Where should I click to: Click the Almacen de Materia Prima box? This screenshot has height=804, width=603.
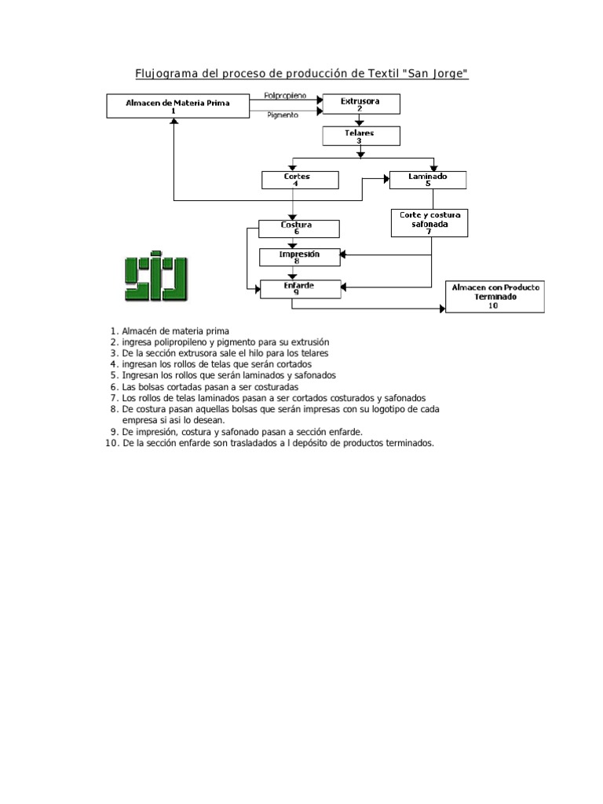pos(173,106)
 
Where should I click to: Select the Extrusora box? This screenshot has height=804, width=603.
pos(360,104)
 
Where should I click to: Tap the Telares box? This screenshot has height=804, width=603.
pos(360,137)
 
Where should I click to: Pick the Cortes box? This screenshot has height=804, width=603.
pos(299,180)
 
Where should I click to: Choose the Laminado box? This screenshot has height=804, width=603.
pos(428,180)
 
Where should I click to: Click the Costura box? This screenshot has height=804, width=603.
pos(299,228)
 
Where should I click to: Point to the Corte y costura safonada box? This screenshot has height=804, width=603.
pos(429,222)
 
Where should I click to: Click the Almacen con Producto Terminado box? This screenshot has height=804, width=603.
pos(494,297)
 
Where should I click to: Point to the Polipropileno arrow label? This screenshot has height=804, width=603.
pos(286,96)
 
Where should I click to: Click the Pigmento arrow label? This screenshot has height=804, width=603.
pos(282,115)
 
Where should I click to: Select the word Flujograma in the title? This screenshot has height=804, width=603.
pos(166,74)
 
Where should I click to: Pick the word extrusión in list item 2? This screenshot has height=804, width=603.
pos(309,343)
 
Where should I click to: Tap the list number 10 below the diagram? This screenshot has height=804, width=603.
pos(111,444)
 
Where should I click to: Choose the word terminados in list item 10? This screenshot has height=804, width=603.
pos(407,444)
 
